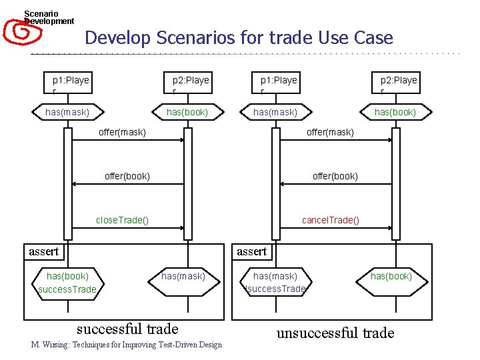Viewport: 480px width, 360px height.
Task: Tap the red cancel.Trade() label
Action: point(330,221)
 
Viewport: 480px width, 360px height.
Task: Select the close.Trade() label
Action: point(122,221)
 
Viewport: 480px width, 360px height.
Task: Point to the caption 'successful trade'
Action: point(127,329)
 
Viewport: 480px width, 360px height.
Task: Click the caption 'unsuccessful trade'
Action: point(335,333)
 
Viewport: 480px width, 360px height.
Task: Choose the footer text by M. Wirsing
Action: point(126,345)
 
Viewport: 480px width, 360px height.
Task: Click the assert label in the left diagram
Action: point(43,252)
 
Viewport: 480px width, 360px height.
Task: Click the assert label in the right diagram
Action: point(251,252)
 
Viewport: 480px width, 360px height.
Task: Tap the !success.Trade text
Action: point(275,289)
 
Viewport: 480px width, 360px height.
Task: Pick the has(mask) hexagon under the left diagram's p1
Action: point(67,112)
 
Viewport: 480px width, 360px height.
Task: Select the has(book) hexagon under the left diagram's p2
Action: point(187,112)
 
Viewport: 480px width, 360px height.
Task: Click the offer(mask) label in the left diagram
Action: point(122,133)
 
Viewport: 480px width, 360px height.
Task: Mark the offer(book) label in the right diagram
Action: point(335,177)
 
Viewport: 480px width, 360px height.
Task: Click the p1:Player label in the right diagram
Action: point(279,84)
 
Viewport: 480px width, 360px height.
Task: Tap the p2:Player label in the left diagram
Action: point(191,84)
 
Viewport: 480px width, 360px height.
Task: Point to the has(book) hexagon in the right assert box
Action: point(391,276)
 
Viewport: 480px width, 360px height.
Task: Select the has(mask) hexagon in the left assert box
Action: point(183,276)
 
